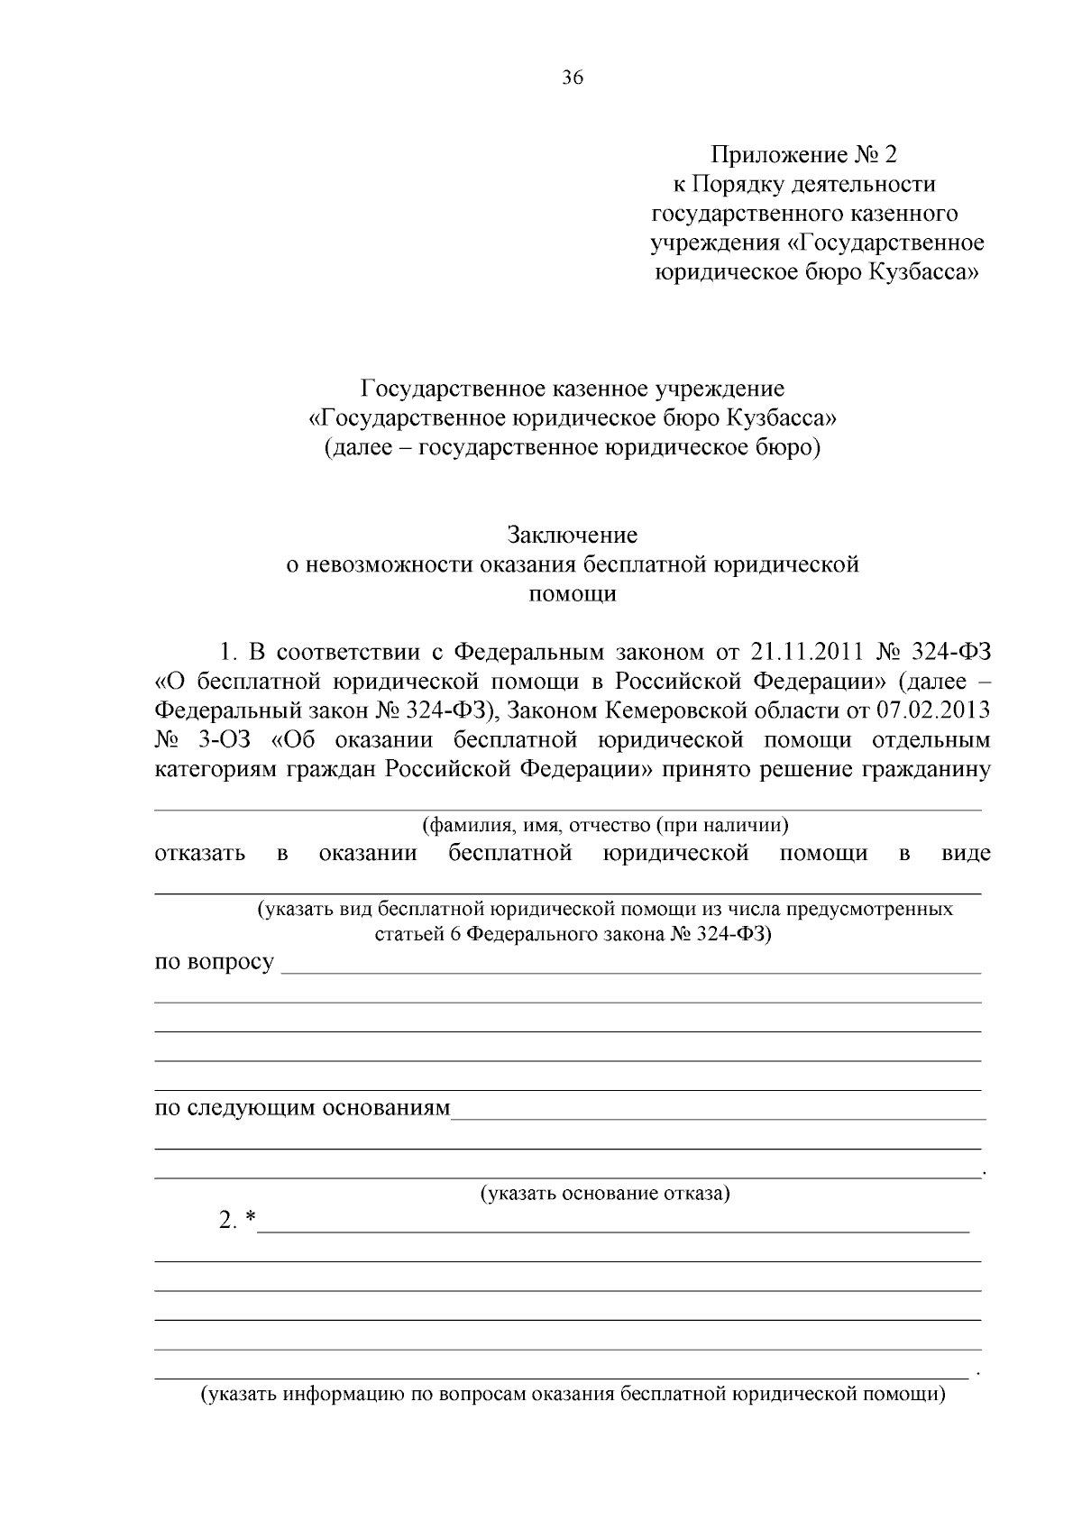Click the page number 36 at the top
click(573, 78)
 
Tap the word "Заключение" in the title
click(572, 535)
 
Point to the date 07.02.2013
click(932, 710)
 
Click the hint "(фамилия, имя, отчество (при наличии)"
click(605, 824)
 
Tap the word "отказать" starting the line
click(200, 853)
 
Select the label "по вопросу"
click(215, 961)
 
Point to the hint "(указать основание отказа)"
click(604, 1194)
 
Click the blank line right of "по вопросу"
click(631, 972)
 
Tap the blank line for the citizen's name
click(568, 809)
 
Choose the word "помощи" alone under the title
click(572, 594)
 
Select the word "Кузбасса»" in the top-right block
click(923, 271)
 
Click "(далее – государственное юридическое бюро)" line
click(572, 447)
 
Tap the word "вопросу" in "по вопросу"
click(230, 961)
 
